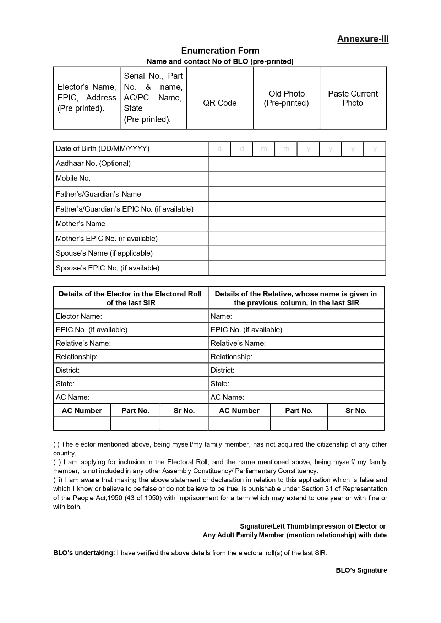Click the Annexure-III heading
tap(363, 39)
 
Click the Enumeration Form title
tap(220, 50)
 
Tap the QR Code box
tap(220, 98)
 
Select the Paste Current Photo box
tap(353, 98)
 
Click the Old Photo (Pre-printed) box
tap(286, 98)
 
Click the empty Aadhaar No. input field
tap(296, 164)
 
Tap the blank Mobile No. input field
tap(296, 179)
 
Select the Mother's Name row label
tap(81, 224)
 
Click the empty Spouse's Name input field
tap(296, 253)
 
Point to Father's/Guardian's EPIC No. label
tap(125, 209)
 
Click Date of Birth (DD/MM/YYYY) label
tap(103, 148)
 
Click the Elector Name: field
tap(130, 316)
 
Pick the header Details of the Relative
tap(296, 298)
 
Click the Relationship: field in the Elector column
tap(130, 356)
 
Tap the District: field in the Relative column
tap(296, 370)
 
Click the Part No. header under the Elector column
tap(135, 411)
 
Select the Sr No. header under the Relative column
tap(356, 411)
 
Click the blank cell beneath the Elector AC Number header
tap(82, 423)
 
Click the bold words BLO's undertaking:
tap(84, 553)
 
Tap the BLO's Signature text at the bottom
tap(361, 570)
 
